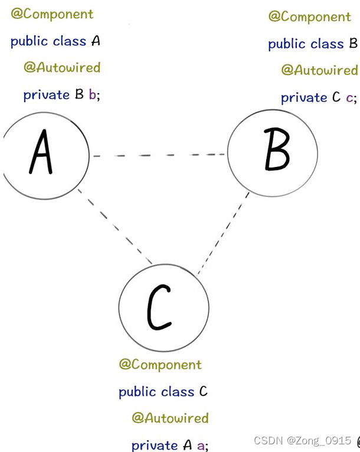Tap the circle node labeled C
point(163,307)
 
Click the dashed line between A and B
point(158,155)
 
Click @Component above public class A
point(52,14)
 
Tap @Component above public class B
point(309,17)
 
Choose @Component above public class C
point(160,364)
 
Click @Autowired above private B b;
point(62,67)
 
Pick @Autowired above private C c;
point(319,70)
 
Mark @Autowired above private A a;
point(170,418)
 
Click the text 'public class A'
point(55,41)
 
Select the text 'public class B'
point(313,44)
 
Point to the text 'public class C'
point(163,391)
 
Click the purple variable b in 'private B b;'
point(93,95)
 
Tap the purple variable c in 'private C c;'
point(349,97)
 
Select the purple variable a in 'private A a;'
point(201,446)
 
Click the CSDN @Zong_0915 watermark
point(302,441)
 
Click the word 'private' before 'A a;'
point(154,445)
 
